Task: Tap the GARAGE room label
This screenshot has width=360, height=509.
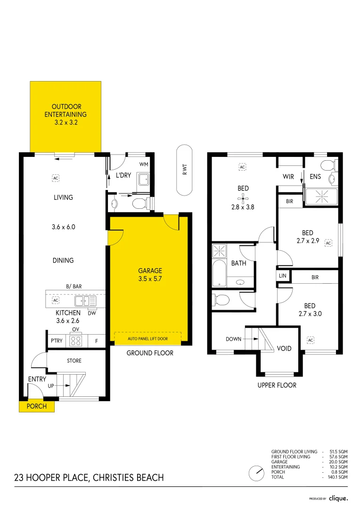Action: [x=150, y=271]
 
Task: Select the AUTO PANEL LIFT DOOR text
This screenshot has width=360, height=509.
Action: [x=148, y=338]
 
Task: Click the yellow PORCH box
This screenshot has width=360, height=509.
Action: [x=36, y=406]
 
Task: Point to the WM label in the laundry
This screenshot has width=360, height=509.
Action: [x=144, y=164]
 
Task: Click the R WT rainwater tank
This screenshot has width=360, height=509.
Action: [x=184, y=170]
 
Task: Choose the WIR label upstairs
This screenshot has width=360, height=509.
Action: [x=288, y=177]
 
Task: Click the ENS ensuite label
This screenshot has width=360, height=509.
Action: [x=315, y=177]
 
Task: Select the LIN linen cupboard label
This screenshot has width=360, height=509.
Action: [x=283, y=275]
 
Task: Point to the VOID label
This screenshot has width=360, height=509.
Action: [x=284, y=349]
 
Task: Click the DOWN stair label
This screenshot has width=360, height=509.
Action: [x=234, y=339]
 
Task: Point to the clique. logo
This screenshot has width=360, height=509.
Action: [x=338, y=498]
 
